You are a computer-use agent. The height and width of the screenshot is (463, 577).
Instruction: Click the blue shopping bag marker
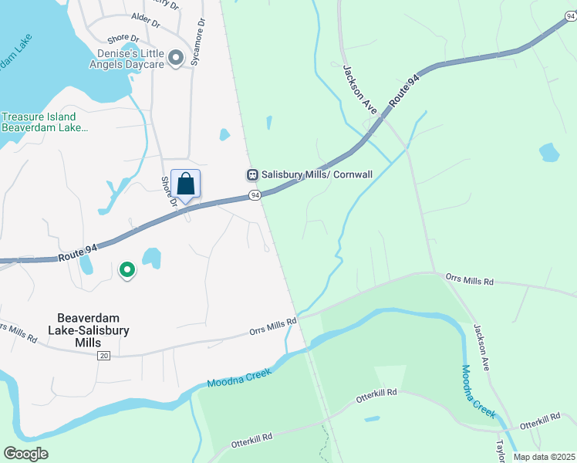(x=185, y=184)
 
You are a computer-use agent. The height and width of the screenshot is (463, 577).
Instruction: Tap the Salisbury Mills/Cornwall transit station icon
(x=252, y=175)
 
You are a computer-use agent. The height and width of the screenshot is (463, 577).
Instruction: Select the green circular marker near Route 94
(x=127, y=270)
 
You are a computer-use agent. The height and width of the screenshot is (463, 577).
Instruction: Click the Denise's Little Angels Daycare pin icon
(x=176, y=57)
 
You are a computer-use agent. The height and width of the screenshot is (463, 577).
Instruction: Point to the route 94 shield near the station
(x=254, y=197)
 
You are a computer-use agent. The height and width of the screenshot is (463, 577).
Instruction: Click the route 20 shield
(x=104, y=355)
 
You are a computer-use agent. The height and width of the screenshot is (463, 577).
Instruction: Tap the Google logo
(x=25, y=454)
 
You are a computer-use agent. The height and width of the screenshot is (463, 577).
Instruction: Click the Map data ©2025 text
(x=544, y=457)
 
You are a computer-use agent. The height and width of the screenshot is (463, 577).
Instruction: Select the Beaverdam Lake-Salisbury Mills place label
(x=93, y=330)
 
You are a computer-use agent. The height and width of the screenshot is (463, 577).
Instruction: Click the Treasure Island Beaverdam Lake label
(x=45, y=122)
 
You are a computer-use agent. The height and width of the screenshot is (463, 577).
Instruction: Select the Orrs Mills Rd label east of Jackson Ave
(x=469, y=279)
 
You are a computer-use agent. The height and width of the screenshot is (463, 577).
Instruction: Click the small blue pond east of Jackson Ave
(x=548, y=152)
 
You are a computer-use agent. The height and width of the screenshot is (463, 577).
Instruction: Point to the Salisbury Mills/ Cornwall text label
(x=317, y=175)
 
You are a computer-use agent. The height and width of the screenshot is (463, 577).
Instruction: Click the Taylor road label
(x=500, y=448)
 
